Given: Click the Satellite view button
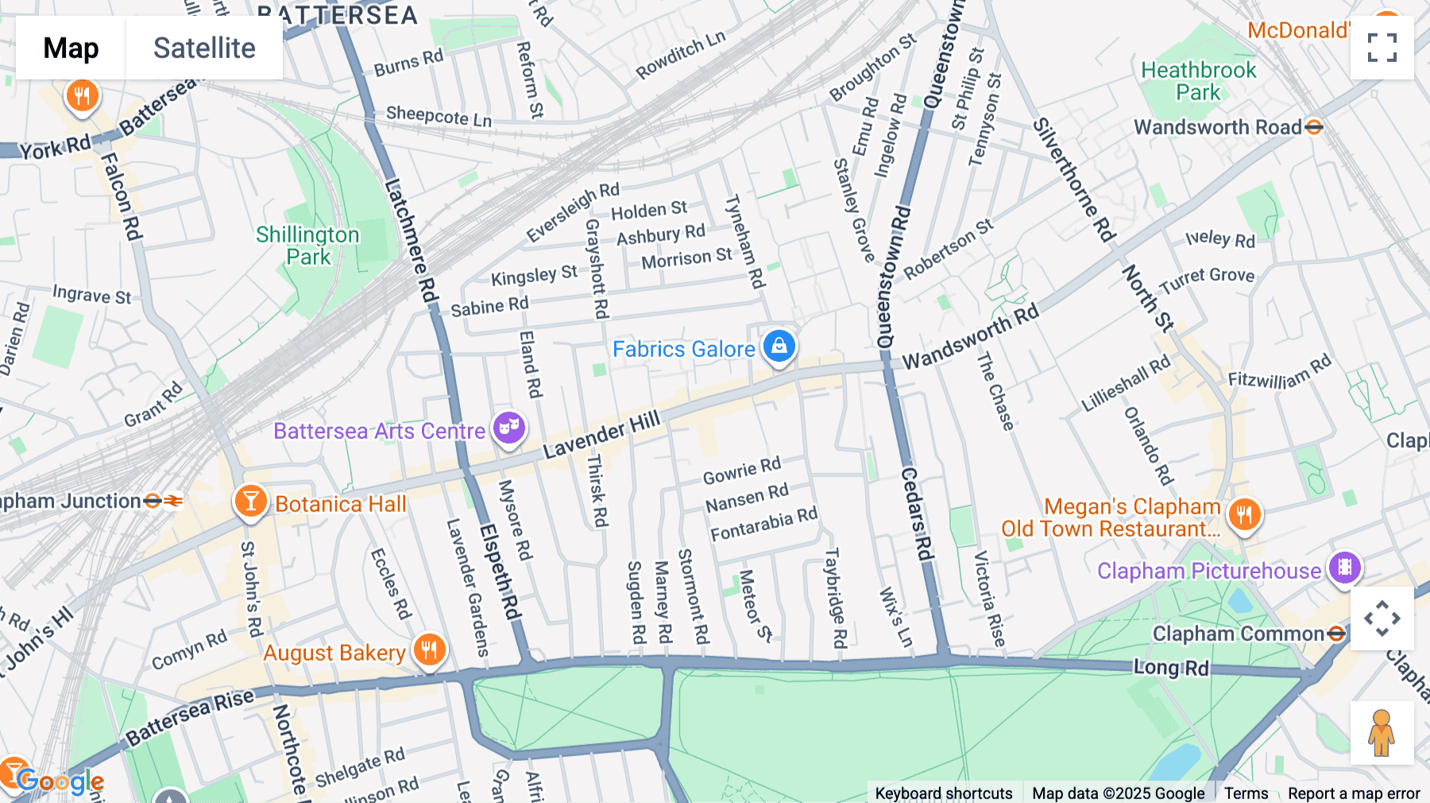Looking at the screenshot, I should pos(204,48).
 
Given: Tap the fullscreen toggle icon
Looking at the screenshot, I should pos(1382,48).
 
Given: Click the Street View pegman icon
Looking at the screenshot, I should pos(1382,733).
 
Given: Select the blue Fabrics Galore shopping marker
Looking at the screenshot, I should pos(779,347).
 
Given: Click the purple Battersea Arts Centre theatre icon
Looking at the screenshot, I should pos(509,429).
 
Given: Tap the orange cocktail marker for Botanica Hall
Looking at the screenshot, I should pos(250,502).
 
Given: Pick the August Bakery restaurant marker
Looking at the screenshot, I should pos(429,650).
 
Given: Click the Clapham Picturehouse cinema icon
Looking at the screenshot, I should pos(1345,568).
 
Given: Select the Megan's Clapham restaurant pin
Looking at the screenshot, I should pos(1244,514).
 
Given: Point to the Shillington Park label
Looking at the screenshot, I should pos(307,246).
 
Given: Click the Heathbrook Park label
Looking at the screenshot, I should pos(1198,81).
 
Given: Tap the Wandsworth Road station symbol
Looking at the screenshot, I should pos(1314,127).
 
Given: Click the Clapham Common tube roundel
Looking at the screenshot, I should pos(1336,634).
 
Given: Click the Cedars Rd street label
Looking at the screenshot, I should pos(915,514).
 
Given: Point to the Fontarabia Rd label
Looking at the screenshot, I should pos(763,525).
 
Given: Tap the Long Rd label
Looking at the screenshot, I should pos(1170,667).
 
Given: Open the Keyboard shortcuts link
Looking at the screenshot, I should pos(943,793).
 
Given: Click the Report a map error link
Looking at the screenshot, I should pos(1353,793).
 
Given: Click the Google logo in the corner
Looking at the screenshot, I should pos(60,782).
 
